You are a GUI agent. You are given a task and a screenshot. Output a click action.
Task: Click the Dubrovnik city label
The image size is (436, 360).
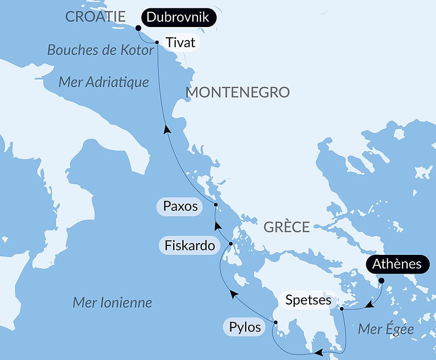tap(178, 18)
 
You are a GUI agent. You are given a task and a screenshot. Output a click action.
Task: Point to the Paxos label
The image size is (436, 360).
tap(180, 206)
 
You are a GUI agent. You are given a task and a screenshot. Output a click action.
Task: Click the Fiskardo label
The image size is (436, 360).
tap(190, 246)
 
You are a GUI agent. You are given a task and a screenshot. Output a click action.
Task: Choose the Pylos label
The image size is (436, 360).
tap(245, 327)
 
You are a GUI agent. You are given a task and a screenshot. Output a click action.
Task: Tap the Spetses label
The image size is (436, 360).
tap(308, 300)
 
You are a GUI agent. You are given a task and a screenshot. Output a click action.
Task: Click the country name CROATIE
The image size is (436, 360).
tap(95, 17)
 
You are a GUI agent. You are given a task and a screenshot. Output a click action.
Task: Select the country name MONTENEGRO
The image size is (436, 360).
tap(238, 93)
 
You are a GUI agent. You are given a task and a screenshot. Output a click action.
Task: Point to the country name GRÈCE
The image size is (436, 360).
tap(286, 227)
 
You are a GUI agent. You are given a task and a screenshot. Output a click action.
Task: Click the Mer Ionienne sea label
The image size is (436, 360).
tap(112, 302)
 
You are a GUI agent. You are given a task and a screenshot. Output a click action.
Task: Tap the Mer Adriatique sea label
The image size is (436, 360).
tap(104, 82)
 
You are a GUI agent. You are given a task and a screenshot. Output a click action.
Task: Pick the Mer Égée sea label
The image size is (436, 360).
tap(385, 329)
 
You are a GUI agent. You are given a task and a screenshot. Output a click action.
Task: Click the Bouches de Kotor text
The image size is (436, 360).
tap(101, 50)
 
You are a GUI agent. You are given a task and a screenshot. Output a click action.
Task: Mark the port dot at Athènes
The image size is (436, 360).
tap(381, 281)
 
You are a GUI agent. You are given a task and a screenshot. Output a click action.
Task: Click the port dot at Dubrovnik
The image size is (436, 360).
tap(138, 28)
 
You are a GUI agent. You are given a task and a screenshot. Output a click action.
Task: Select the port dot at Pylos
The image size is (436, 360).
tap(276, 322)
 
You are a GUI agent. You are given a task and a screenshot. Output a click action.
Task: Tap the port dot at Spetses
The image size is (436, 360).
tap(342, 309)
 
